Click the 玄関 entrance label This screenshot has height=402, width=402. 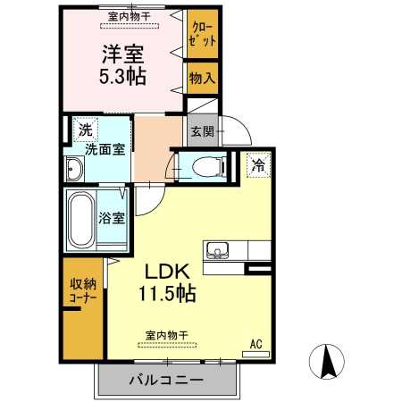200,131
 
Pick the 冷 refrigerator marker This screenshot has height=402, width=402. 257,164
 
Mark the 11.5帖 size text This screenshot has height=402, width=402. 167,292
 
